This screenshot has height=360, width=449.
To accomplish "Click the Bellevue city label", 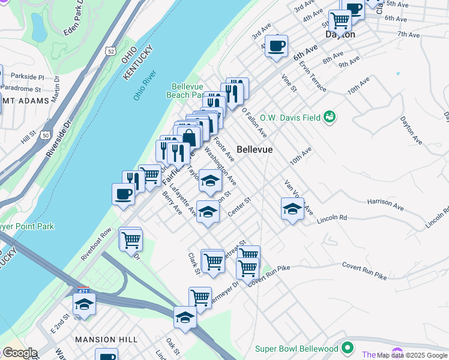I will pos(255,149).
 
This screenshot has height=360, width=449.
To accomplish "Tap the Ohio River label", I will pos(145,85).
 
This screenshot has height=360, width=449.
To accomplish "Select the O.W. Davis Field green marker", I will pos(329,116).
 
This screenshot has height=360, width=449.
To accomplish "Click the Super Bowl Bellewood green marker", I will pos(347,349).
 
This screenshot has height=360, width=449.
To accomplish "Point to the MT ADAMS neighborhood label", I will pos(25,101).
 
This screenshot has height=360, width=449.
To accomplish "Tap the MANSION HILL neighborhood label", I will pos(99,340).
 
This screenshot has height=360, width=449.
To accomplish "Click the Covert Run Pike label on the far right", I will pos(364,270).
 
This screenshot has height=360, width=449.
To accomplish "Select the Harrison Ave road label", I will pos(385,204).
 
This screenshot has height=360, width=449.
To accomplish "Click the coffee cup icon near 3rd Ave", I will pos(276,46).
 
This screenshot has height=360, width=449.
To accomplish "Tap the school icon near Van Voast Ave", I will pos(292,209).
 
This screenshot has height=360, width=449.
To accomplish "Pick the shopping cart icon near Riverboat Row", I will pos(130,239).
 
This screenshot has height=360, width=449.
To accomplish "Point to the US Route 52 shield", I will pos(109,51).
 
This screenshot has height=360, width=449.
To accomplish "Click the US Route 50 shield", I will pos(46,136).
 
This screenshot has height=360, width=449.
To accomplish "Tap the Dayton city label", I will pos(340,35).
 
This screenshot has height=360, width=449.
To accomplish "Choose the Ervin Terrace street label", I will pos(313,77).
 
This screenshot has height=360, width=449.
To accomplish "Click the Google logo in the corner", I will pos(19,353).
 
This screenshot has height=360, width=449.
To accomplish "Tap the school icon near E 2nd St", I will pos(84,304).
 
